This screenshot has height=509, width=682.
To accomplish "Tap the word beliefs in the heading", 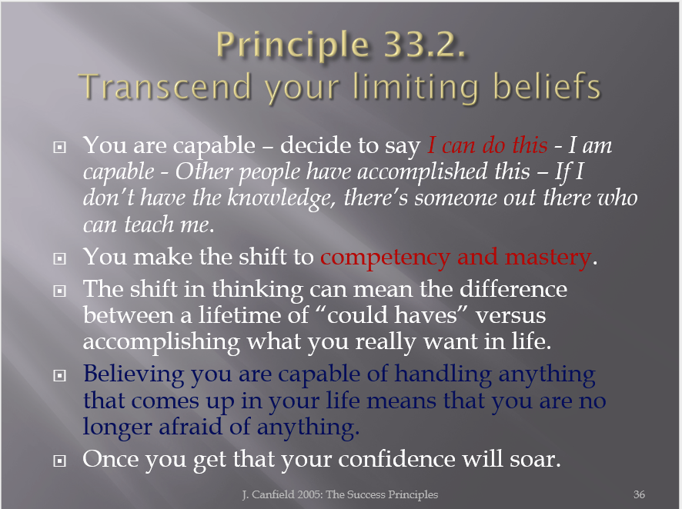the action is coord(547,85).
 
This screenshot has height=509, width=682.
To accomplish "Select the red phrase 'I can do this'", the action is coord(487,145).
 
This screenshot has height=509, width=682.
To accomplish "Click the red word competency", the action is coord(385,257).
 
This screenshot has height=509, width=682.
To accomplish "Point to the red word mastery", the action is coord(547,257).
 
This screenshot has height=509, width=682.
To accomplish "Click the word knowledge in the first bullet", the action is coord(280,198).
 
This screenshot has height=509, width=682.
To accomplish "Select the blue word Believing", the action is coord(133,374).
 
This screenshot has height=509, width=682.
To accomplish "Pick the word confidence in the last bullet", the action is coord(396,459).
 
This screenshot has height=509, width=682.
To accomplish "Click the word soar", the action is coord(535,460).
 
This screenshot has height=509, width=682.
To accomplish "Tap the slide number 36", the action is coord(639,494).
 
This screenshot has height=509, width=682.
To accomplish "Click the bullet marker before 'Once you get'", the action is coord(59,461).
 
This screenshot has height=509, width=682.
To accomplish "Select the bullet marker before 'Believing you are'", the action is coord(59,375).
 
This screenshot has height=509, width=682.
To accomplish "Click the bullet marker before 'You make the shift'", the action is coord(59,259).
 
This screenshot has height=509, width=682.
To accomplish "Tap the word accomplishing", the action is coord(162,342).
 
